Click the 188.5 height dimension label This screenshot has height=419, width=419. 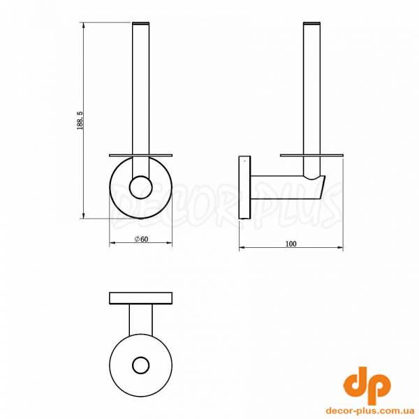(80, 121)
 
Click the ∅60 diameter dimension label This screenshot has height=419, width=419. (141, 239)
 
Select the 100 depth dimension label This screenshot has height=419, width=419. (291, 244)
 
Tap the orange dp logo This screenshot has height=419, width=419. (367, 385)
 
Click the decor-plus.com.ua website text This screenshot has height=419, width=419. (370, 410)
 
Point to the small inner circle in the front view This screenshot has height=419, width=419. (141, 187)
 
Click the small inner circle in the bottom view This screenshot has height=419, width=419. (141, 365)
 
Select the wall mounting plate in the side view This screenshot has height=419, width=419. (245, 187)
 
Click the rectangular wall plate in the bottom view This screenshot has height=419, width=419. (141, 298)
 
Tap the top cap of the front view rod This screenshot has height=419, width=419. (141, 23)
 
